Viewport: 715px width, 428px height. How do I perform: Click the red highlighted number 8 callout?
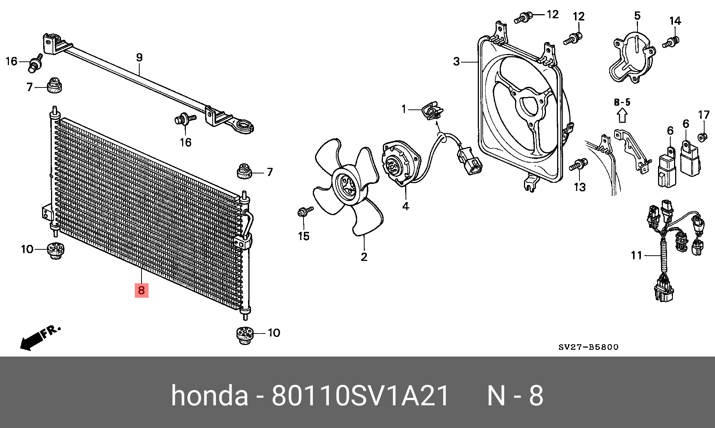click(142, 290)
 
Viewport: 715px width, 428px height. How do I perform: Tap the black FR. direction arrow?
click(32, 341)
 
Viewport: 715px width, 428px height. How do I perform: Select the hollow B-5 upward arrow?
click(622, 115)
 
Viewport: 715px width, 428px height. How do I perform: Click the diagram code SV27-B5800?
click(588, 347)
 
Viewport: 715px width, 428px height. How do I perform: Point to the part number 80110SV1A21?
click(360, 396)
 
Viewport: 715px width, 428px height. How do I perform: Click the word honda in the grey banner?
click(209, 396)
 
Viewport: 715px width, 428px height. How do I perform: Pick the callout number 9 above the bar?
click(139, 58)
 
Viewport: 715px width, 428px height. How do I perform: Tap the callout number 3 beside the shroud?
click(457, 61)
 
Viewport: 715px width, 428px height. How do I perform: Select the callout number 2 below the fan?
click(364, 257)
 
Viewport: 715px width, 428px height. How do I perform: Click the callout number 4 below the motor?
click(406, 206)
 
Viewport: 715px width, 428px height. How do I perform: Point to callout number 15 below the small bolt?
click(304, 236)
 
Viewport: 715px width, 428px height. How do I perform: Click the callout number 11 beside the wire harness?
click(636, 255)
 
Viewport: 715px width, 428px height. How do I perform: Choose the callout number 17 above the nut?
click(703, 115)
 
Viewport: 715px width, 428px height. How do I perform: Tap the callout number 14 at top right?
click(675, 21)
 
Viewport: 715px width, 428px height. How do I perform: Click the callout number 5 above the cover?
click(638, 16)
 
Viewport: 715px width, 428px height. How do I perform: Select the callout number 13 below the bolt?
click(579, 187)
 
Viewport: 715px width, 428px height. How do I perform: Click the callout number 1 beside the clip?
click(404, 109)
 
